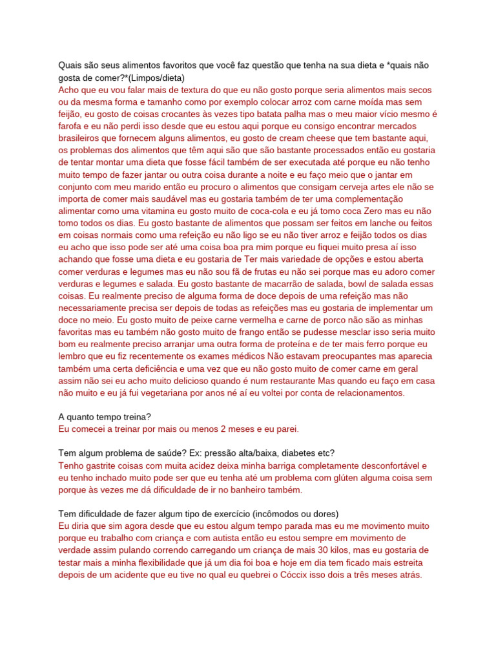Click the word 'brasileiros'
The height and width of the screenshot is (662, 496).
tap(81, 138)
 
